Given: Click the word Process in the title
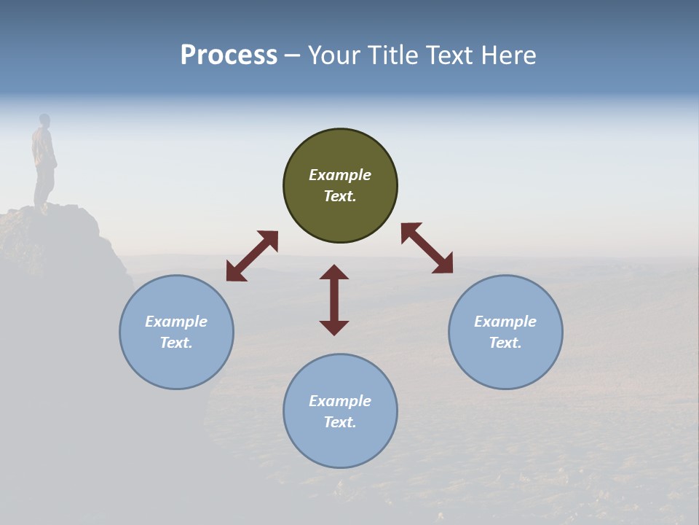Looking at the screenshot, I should point(229,55).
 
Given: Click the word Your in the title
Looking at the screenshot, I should point(333,55).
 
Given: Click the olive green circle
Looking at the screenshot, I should point(340,185).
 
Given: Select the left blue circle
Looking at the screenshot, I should point(176,332).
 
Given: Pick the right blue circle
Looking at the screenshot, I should point(505,332).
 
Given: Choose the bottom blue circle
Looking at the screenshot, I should point(340,411).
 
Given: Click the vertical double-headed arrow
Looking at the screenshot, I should point(334,300).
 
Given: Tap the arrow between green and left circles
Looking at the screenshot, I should point(252,256).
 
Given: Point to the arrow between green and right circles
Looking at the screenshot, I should point(427,248).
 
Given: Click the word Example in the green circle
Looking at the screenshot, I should point(340,175).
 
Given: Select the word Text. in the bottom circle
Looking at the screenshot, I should point(340,422).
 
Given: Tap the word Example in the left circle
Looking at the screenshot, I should point(176,322).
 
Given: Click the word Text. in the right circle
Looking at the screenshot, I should point(505,343).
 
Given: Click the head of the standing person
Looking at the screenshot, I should point(44,120).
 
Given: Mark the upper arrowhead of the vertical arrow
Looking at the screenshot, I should point(334,272).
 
